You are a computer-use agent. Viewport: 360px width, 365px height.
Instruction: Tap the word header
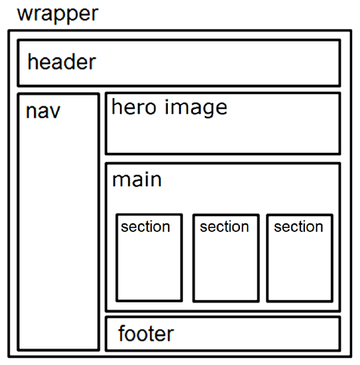(x=61, y=62)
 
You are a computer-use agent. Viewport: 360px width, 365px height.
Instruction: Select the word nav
(x=42, y=110)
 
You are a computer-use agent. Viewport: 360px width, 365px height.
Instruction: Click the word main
(x=136, y=179)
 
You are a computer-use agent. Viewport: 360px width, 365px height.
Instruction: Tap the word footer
(x=146, y=334)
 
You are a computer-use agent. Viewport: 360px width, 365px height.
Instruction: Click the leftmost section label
(x=145, y=226)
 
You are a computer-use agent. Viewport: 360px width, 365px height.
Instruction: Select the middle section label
(x=224, y=226)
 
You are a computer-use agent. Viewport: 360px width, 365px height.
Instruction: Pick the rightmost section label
(x=298, y=226)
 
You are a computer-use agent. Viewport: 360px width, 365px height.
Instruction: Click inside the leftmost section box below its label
(x=149, y=270)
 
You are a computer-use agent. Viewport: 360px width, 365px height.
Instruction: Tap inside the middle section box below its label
(x=226, y=270)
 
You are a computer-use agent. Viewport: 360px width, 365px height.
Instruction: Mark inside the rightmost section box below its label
(x=299, y=270)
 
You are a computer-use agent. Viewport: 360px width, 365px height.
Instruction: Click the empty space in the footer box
(x=259, y=334)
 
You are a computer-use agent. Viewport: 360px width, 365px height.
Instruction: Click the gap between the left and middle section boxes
(x=187, y=258)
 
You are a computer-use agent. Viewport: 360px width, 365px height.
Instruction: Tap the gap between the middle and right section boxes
(x=263, y=258)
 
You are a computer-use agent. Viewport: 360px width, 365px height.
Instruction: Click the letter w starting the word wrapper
(x=24, y=14)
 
